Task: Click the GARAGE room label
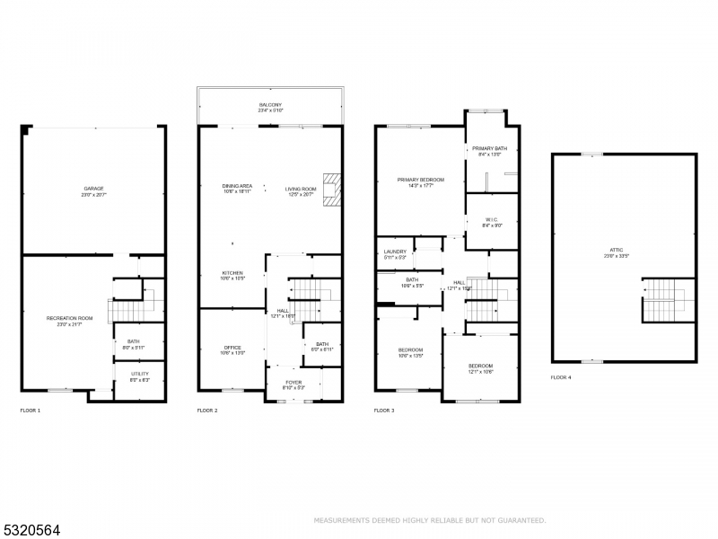point(94,190)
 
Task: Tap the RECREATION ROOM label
point(70,319)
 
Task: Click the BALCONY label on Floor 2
point(270,106)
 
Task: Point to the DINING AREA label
point(237,188)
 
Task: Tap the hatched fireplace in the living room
point(334,190)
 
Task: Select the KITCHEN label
point(232,274)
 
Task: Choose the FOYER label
point(293,383)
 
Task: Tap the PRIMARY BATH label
point(490,149)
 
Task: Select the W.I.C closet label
point(492,220)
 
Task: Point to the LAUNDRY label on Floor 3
point(395,252)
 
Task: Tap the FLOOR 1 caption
point(31,411)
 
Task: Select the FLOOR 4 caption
point(561,377)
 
